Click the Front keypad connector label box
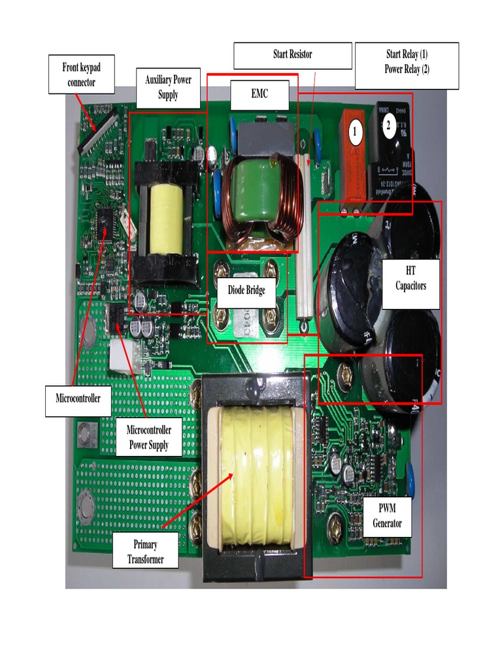coord(81,74)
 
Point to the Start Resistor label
coord(292,55)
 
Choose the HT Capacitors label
coord(410,277)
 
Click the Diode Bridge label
coord(246,289)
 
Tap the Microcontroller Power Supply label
coord(148,438)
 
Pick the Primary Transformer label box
coord(145,551)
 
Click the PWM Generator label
coord(387,515)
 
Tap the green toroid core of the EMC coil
coord(251,189)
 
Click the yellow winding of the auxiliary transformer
coord(166,218)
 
